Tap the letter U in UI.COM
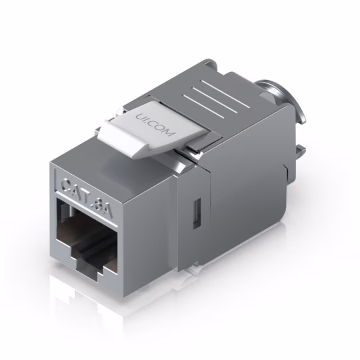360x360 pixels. (x=139, y=117)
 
